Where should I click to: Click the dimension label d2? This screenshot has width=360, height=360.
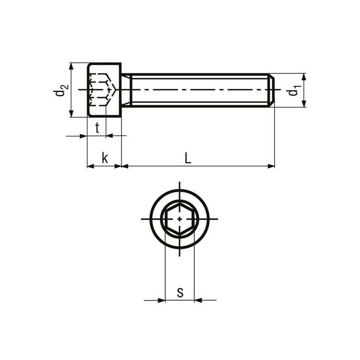pyautogui.click(x=61, y=91)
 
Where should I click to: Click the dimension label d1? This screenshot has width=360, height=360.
pyautogui.click(x=293, y=91)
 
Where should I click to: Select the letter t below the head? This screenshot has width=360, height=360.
pyautogui.click(x=97, y=129)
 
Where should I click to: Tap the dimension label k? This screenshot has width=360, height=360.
pyautogui.click(x=104, y=158)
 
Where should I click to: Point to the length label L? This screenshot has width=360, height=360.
pyautogui.click(x=188, y=159)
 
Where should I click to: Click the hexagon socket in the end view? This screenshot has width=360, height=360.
pyautogui.click(x=179, y=219)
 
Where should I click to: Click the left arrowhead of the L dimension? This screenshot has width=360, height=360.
pyautogui.click(x=125, y=166)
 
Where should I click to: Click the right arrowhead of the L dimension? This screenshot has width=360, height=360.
pyautogui.click(x=271, y=166)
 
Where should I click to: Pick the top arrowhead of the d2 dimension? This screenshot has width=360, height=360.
pyautogui.click(x=71, y=66)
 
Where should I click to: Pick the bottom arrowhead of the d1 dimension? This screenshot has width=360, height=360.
pyautogui.click(x=304, y=103)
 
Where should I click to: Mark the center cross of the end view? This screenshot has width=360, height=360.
pyautogui.click(x=179, y=219)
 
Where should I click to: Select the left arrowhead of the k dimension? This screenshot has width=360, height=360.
pyautogui.click(x=91, y=166)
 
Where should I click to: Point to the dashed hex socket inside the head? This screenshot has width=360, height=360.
pyautogui.click(x=100, y=90)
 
